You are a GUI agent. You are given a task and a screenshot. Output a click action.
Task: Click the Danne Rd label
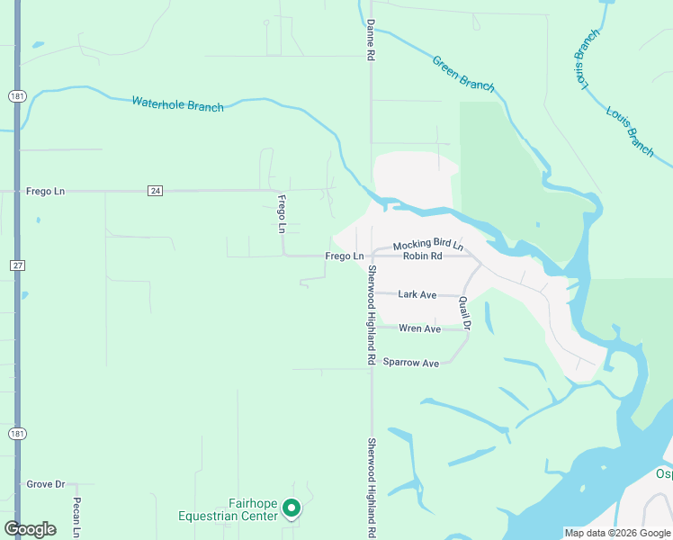click(370, 40)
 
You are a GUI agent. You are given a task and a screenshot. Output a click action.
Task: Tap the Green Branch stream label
click(463, 73)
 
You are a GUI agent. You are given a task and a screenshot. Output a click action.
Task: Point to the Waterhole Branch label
click(177, 103)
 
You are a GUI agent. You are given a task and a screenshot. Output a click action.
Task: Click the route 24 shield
click(156, 191)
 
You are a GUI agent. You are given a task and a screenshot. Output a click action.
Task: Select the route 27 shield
click(17, 265)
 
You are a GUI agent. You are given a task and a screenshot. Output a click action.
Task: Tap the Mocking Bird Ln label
click(427, 245)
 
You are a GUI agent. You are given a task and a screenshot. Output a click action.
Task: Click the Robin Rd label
click(423, 256)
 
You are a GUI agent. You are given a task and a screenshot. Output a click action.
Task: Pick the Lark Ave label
click(417, 294)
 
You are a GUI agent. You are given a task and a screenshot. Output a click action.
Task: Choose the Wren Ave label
click(419, 328)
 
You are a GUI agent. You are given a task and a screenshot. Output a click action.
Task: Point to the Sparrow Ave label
click(410, 363)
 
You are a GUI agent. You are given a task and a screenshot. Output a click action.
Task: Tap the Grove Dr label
click(45, 484)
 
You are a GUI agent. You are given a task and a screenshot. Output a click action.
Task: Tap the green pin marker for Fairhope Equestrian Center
click(292, 508)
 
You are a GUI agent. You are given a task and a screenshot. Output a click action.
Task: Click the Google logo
click(31, 529)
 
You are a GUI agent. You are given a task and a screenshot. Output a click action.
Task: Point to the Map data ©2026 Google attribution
click(616, 533)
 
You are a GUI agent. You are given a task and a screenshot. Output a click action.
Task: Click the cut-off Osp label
click(663, 474)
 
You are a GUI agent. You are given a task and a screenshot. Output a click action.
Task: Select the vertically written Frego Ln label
click(282, 214)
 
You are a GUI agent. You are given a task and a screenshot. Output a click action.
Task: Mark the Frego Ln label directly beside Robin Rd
click(344, 256)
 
